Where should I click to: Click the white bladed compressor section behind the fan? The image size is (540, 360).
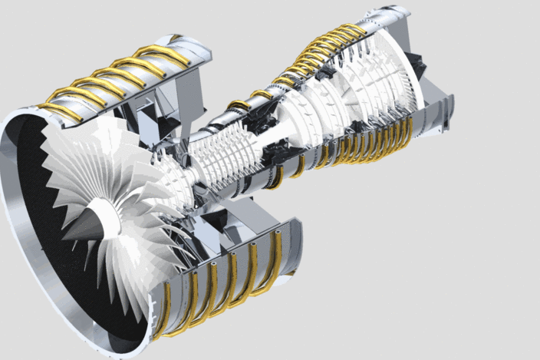tap(219, 157)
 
